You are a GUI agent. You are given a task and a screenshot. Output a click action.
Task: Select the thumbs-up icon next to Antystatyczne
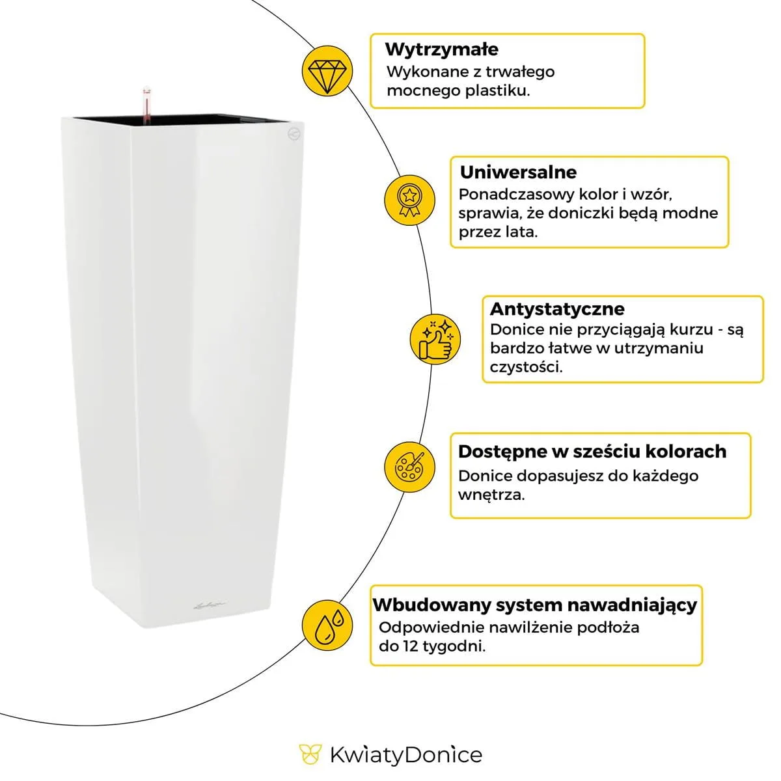(x=435, y=338)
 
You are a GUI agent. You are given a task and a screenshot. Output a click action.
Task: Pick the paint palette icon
(x=409, y=466)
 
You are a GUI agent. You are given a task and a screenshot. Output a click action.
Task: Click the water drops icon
(x=328, y=624)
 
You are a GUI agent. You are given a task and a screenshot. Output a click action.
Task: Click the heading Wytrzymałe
(x=441, y=49)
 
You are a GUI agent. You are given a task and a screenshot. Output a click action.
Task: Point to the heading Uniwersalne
(x=518, y=172)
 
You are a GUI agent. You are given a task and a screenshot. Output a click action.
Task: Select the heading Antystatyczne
(x=556, y=308)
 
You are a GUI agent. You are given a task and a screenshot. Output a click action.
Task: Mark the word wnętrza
(x=491, y=495)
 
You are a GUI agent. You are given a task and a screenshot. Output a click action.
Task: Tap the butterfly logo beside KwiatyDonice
(x=310, y=755)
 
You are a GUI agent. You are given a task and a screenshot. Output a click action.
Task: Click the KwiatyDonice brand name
(x=406, y=755)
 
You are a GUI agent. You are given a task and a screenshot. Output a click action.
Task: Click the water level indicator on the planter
(x=146, y=103)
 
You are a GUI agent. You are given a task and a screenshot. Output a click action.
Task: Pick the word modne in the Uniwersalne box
(x=694, y=213)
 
